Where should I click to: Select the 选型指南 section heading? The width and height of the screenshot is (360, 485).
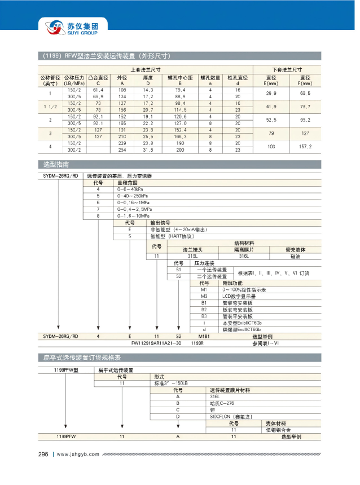tap(56, 165)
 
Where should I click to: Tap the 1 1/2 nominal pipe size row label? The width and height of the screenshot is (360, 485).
tap(51, 107)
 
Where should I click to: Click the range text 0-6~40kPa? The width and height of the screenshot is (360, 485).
tap(130, 189)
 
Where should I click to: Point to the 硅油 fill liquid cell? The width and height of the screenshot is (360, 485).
tap(295, 256)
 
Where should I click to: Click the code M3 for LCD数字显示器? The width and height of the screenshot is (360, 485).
tap(205, 296)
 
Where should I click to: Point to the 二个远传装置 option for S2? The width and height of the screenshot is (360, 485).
tap(212, 276)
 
